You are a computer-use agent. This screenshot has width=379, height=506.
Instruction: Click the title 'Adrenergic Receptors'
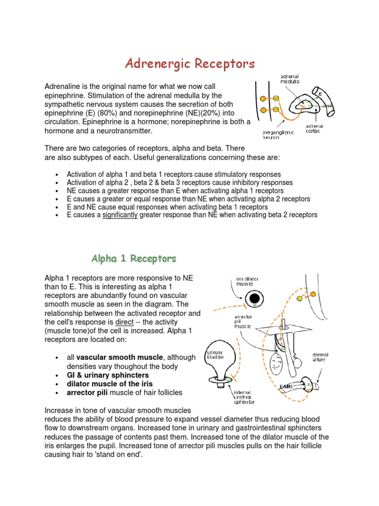(189, 64)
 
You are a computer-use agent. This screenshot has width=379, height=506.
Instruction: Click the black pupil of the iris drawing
(255, 298)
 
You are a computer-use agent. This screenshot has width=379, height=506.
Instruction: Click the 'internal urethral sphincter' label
(243, 397)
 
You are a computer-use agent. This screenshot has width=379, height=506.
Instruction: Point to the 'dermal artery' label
(322, 357)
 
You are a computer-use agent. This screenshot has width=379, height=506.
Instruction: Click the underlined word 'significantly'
(120, 215)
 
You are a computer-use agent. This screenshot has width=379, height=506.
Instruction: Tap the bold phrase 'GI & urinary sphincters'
(108, 375)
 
